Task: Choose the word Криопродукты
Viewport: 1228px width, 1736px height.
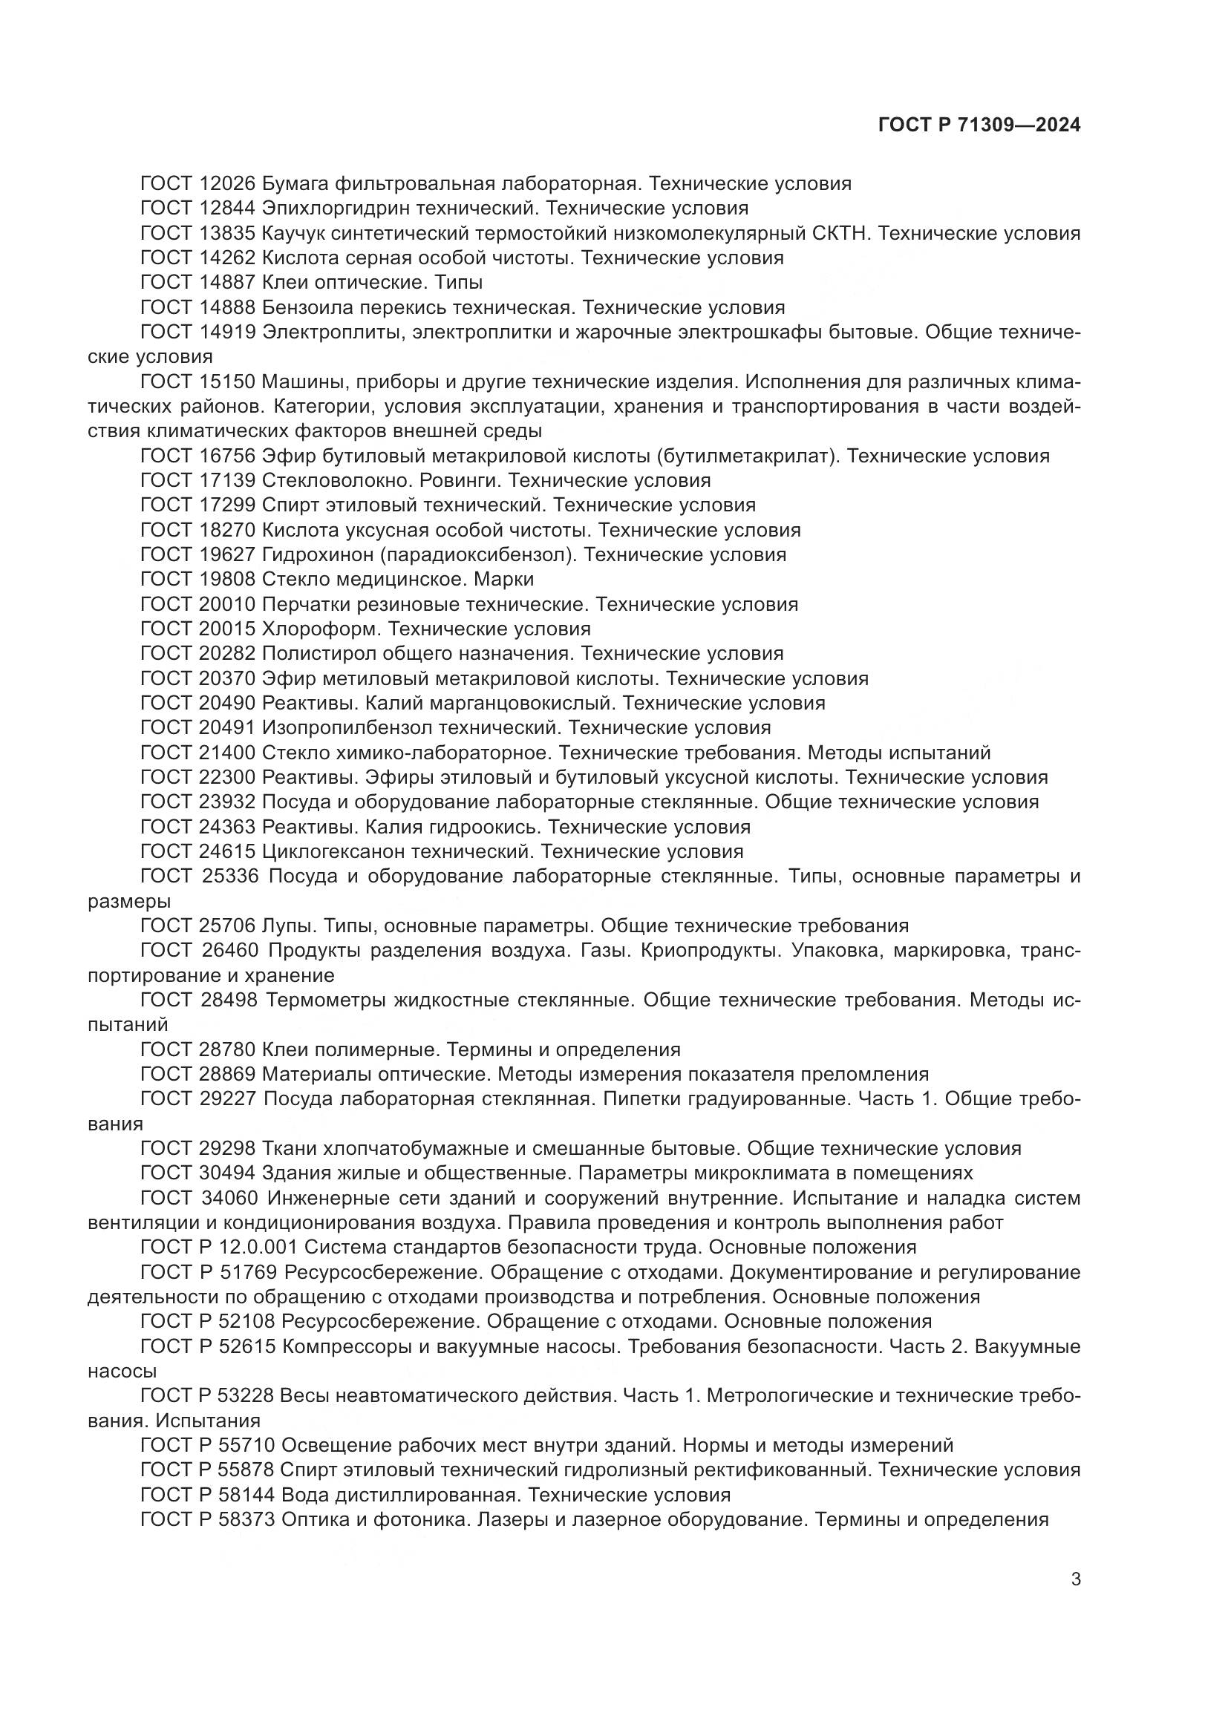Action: [x=711, y=951]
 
